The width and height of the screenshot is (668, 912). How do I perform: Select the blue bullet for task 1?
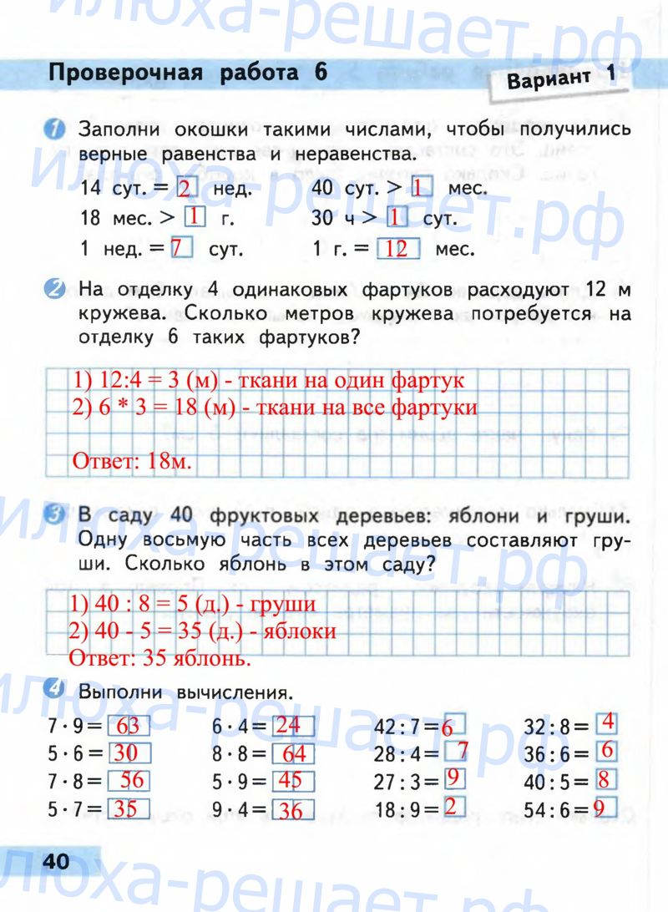[x=53, y=130]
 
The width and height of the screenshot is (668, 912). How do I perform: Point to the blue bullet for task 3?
[x=54, y=517]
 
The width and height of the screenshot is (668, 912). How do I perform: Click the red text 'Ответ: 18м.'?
[x=132, y=461]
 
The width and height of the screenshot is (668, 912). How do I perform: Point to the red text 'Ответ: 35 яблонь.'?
[x=159, y=658]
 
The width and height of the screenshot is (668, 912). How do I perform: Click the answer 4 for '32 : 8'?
[x=607, y=722]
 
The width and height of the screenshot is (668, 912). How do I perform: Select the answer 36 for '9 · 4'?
[x=292, y=809]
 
